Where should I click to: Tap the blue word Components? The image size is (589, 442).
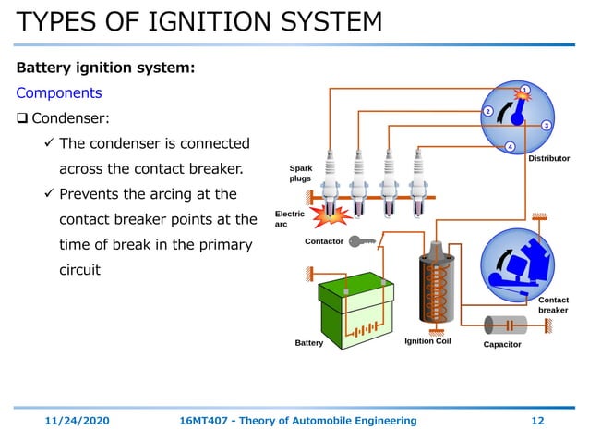[x=59, y=93]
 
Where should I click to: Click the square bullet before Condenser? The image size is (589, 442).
[x=23, y=118]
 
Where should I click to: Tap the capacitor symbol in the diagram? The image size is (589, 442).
[x=503, y=324]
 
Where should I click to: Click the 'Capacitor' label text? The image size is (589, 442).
[x=502, y=344]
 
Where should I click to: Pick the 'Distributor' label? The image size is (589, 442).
[x=548, y=158]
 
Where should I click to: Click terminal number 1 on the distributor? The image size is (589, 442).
[x=523, y=90]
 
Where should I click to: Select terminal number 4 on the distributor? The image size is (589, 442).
[x=510, y=146]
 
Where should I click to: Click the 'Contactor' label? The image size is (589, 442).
[x=324, y=241]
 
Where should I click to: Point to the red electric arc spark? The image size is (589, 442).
[x=331, y=215]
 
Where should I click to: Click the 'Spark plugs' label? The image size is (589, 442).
[x=301, y=173]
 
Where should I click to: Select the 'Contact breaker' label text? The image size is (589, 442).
[x=553, y=304]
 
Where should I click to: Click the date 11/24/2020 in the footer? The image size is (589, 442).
[x=78, y=420]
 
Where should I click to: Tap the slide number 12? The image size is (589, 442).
[x=537, y=420]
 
